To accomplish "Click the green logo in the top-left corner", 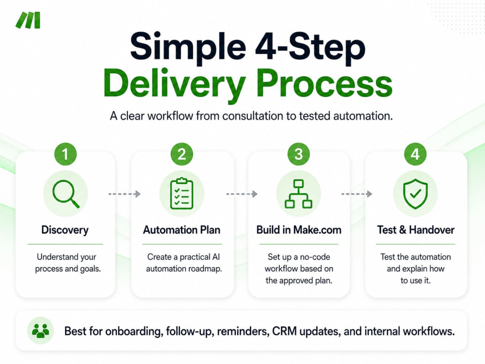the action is [x=28, y=20].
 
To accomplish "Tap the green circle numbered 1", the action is [x=65, y=154].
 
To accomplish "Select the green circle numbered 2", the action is [x=181, y=154].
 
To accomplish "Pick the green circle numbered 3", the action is [x=298, y=154].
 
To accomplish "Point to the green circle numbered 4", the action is [x=415, y=154].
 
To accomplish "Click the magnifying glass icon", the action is [x=65, y=194].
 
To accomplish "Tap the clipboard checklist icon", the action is [x=182, y=194].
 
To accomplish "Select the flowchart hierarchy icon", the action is [x=298, y=194].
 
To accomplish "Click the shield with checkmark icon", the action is [x=416, y=194].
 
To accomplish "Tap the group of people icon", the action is [x=41, y=331].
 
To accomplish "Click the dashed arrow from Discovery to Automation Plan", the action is [x=124, y=194].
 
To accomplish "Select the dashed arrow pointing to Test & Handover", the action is [x=356, y=194].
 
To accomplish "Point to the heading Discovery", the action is [x=65, y=230].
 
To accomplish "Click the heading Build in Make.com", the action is [x=299, y=230].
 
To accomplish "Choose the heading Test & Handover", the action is [x=416, y=230].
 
